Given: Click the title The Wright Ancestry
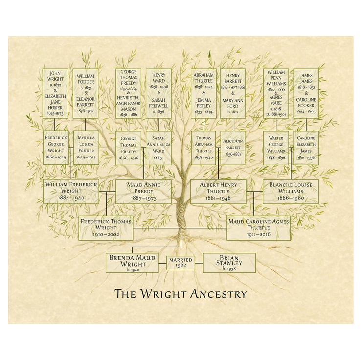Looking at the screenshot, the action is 181,294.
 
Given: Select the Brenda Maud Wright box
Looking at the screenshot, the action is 132,263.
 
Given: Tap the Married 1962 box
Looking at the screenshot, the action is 181,263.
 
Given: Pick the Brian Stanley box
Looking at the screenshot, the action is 229,263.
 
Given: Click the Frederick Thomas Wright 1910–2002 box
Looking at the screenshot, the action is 106,228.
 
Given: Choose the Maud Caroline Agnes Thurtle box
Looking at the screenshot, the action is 258,228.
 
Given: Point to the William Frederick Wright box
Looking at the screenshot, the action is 71,191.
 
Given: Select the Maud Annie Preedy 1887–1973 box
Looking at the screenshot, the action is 143,191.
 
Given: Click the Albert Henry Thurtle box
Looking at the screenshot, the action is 218,191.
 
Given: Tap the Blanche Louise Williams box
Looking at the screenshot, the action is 291,191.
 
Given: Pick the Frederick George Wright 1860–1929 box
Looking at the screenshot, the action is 56,147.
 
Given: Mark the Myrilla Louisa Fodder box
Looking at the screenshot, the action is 86,147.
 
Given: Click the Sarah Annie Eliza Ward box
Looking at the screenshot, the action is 158,147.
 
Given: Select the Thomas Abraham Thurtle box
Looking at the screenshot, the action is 203,147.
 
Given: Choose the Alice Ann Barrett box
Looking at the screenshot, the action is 232,147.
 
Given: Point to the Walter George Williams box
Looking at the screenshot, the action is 276,147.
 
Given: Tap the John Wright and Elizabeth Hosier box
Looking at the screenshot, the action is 55,93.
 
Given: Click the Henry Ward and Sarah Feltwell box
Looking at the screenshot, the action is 158,93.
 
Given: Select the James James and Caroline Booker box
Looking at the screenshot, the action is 306,93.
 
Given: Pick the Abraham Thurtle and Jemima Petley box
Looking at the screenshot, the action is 203,93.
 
